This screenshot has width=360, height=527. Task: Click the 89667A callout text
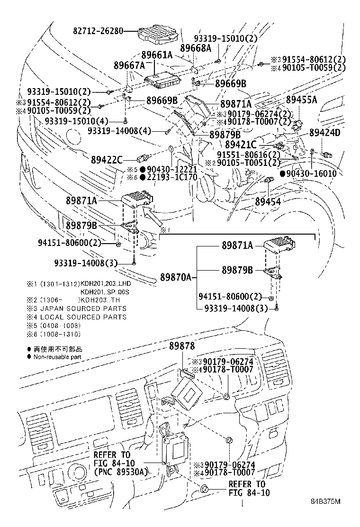click(129, 65)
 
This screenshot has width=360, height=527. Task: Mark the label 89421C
click(240, 144)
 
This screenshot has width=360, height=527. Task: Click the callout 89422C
click(107, 159)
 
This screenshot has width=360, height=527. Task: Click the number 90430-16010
click(311, 174)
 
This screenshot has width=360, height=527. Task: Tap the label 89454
click(268, 201)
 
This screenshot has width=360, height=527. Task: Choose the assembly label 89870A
click(175, 277)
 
